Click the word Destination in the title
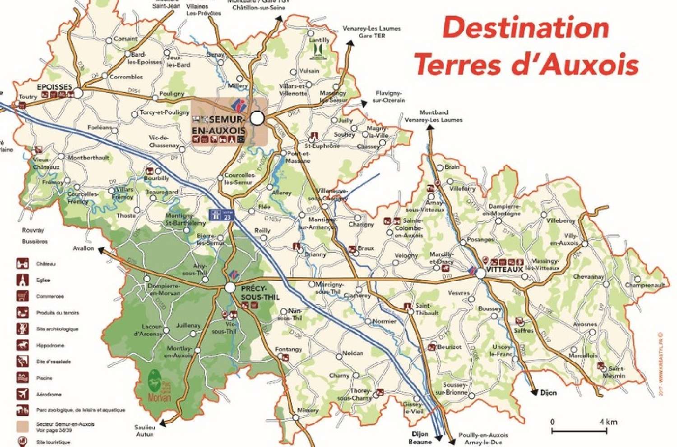coord(526,28)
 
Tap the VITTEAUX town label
coord(504,269)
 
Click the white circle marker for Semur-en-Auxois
coord(257,118)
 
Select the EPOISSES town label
coord(54,87)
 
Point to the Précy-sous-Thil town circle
coord(230,287)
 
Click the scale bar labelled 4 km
coord(579,431)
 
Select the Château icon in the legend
coord(23,264)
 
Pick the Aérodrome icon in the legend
coord(23,394)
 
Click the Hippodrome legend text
coord(50,346)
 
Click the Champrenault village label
coord(645,285)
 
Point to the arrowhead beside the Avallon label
coord(102,250)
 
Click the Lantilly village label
coord(319,40)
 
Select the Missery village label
coord(308,411)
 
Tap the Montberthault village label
coord(88,158)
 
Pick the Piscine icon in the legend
coord(23,378)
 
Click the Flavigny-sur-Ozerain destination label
coord(389,96)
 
